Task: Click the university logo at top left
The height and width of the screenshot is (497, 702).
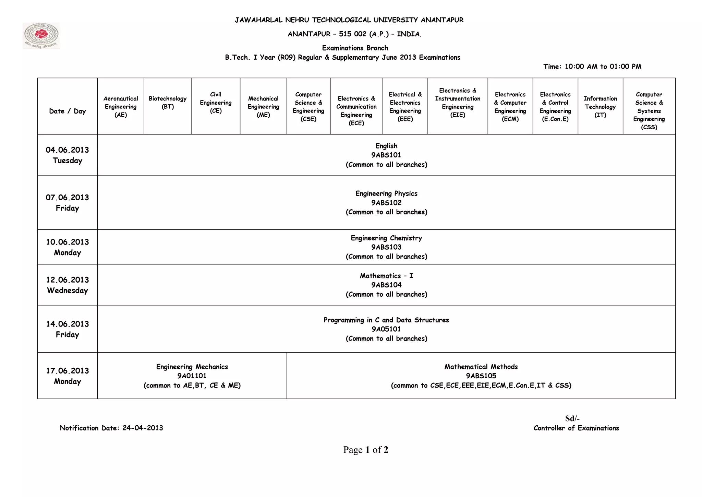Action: click(41, 36)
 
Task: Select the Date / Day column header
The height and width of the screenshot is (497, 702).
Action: click(68, 111)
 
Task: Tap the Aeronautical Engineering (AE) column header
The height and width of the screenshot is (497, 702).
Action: click(121, 107)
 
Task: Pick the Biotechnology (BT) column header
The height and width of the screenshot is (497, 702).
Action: click(168, 103)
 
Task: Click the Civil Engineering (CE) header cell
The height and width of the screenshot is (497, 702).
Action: click(216, 103)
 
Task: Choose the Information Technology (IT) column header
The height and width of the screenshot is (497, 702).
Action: click(600, 107)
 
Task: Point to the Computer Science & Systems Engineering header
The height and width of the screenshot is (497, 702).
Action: click(649, 111)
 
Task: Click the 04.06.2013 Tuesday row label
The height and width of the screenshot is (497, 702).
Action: click(68, 155)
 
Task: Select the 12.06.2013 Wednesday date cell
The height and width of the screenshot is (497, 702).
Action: click(68, 285)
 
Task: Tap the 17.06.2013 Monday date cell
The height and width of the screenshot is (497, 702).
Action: click(68, 376)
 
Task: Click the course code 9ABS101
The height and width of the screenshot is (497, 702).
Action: click(386, 155)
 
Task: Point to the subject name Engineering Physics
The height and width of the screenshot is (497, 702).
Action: click(386, 193)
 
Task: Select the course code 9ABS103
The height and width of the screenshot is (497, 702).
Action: click(386, 247)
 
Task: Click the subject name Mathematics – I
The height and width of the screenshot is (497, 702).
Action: click(386, 276)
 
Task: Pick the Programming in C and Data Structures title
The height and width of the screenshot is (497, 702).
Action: click(386, 320)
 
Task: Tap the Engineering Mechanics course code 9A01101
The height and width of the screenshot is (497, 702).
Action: click(192, 376)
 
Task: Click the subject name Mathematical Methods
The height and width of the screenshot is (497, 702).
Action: click(481, 367)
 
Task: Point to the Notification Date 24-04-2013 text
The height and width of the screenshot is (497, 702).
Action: click(111, 428)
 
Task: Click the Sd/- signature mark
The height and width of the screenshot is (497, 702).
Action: click(572, 418)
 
